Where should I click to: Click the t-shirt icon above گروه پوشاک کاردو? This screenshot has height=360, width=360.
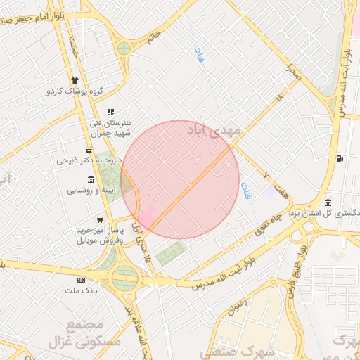(75, 81)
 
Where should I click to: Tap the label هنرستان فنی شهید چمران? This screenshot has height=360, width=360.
(111, 127)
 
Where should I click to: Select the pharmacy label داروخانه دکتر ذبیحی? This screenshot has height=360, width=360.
(89, 160)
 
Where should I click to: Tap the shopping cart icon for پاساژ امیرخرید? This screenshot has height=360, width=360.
(99, 220)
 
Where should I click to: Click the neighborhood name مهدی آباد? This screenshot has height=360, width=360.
(214, 131)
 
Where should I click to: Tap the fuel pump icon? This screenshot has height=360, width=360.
(340, 158)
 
